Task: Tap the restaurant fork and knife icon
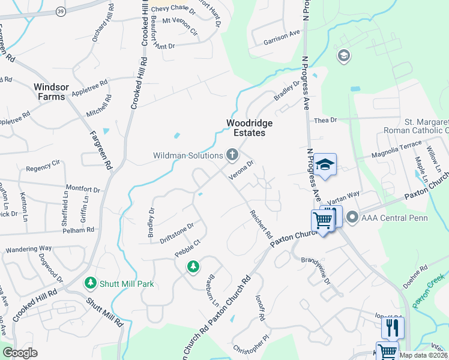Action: [392, 328]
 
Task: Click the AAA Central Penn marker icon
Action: [352, 217]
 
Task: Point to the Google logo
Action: [20, 353]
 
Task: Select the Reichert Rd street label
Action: [261, 223]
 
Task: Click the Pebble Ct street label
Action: [187, 250]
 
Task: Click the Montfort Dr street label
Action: [82, 188]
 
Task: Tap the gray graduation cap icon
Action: [344, 56]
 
